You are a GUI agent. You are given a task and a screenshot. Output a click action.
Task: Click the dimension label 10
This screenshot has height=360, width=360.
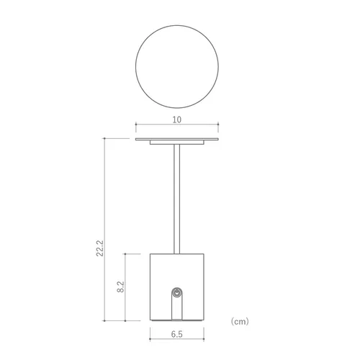pos(177,120)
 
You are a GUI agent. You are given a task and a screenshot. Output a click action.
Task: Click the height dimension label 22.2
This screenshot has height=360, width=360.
pos(100,248)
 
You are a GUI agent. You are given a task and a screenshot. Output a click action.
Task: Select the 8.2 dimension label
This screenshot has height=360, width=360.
pos(120,287)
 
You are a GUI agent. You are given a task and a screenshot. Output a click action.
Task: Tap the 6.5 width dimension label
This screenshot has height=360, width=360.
pos(177,334)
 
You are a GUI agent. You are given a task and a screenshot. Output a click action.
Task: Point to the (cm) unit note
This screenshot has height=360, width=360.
pos(240,321)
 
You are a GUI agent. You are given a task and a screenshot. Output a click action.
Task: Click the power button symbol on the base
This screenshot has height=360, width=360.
pos(177,293)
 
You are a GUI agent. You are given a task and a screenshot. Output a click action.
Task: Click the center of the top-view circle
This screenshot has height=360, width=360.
pos(177,66)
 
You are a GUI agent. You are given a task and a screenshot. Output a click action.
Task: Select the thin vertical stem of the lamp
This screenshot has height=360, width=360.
pos(177,199)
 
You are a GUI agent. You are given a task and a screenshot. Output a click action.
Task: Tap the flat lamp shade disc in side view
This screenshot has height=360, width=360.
pos(177,139)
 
